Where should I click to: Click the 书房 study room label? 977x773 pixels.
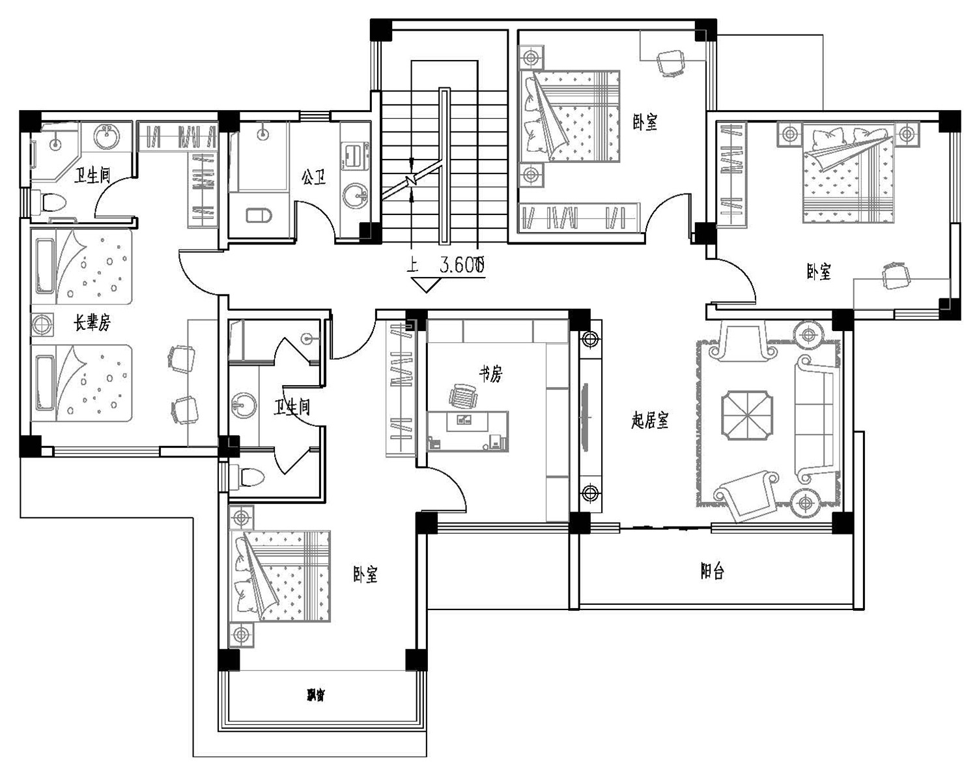pyautogui.click(x=491, y=373)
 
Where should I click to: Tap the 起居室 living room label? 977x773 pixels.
pyautogui.click(x=649, y=420)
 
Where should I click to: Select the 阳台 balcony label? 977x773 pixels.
pyautogui.click(x=712, y=572)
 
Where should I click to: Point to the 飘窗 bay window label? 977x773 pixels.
pyautogui.click(x=315, y=695)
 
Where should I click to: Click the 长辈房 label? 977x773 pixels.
pyautogui.click(x=92, y=322)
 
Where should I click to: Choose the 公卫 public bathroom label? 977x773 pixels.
pyautogui.click(x=313, y=177)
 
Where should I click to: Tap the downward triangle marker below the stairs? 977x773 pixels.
pyautogui.click(x=425, y=285)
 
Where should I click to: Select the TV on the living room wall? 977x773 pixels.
pyautogui.click(x=584, y=417)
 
